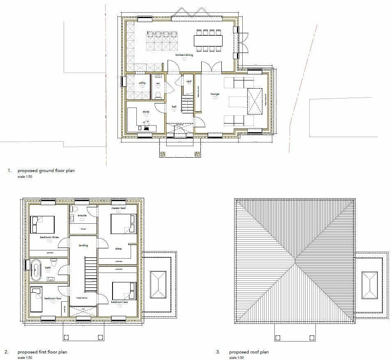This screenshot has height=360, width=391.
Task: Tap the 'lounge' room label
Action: coord(215,94)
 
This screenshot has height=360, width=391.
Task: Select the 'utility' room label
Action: coord(142,83)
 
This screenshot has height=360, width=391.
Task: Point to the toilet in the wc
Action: coord(158,94)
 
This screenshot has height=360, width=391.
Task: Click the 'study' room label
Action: coord(146,112)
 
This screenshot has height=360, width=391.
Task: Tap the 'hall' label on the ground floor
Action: coord(174,106)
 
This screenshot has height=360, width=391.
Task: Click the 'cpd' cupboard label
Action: coord(189,81)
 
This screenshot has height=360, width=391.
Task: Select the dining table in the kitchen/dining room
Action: coord(208,40)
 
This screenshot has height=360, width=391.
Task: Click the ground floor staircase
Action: coord(187,104)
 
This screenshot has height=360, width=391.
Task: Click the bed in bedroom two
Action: coord(124,291)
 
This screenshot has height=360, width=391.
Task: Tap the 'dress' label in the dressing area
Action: coord(118,248)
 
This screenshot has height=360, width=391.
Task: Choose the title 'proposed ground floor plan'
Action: coord(45,170)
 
